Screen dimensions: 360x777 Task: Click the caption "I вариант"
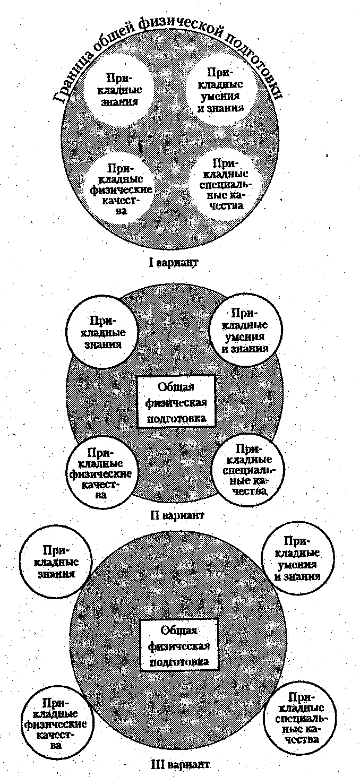[x=174, y=263]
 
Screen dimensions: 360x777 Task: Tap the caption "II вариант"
[x=177, y=515]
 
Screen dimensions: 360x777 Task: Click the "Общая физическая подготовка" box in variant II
[x=176, y=402]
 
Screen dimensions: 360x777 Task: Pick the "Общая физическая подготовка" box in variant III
[x=179, y=646]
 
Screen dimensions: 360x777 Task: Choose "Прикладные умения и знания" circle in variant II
[x=245, y=330]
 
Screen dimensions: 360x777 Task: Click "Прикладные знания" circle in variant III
[x=56, y=562]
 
